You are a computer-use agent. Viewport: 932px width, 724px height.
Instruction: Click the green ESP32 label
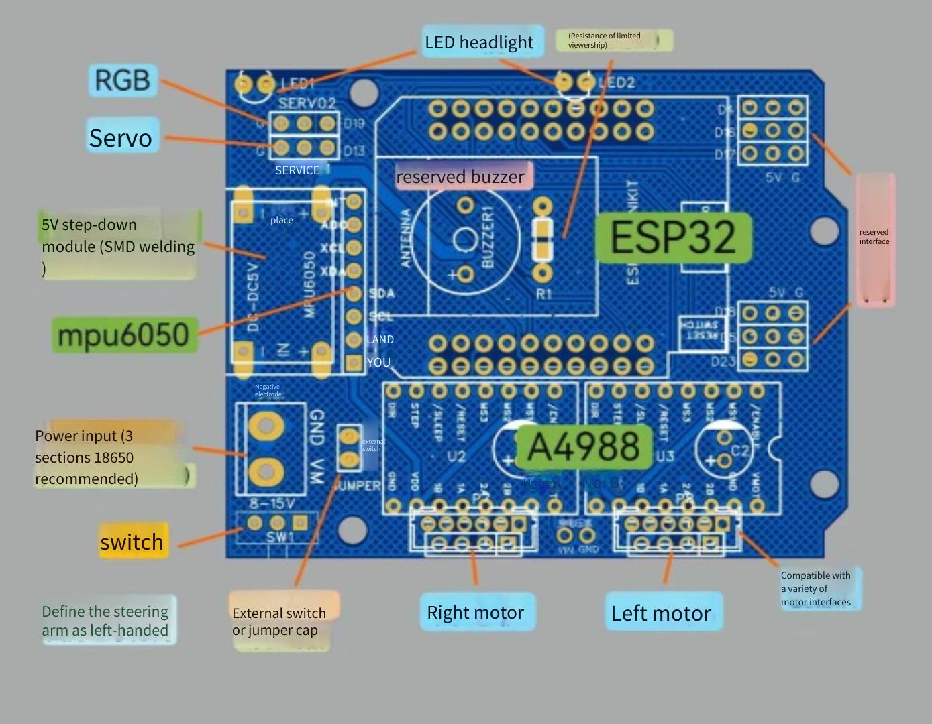673,237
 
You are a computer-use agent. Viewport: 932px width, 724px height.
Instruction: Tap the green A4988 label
583,447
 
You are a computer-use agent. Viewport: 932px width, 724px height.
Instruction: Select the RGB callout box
123,80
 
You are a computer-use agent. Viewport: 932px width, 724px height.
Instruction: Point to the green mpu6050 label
125,335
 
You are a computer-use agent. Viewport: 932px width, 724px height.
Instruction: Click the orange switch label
132,542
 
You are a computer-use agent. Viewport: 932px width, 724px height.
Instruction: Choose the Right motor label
476,613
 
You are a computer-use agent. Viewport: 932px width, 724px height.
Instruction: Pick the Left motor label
662,613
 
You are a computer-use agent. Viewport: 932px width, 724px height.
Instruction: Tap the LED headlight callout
479,42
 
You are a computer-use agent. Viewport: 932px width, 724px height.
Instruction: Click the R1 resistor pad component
542,239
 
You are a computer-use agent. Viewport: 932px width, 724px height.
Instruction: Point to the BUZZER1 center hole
464,240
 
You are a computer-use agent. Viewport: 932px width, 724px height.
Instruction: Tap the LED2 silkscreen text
617,83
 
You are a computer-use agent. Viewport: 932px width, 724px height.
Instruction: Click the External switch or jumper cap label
280,621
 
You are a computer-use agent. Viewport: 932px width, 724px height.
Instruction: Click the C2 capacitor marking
739,450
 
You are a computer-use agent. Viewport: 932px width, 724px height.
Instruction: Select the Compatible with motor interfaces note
815,589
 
